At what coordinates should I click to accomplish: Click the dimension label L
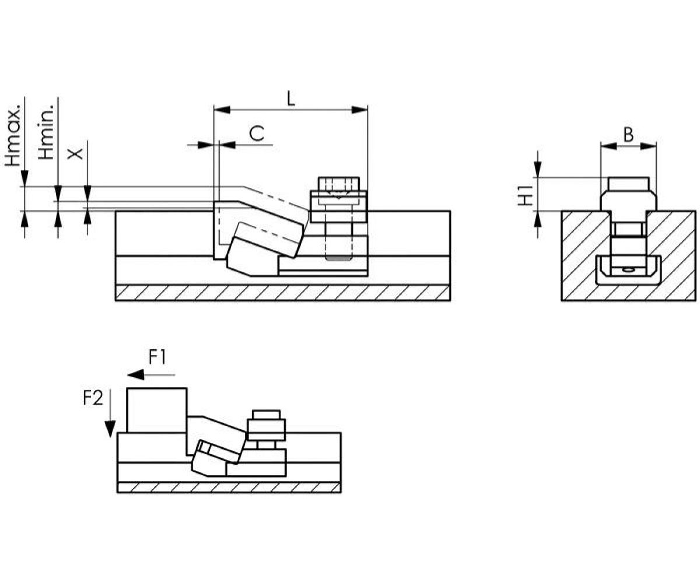click(291, 98)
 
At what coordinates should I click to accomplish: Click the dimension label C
click(257, 134)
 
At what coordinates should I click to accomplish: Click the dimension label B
click(628, 135)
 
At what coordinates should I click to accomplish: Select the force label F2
click(93, 399)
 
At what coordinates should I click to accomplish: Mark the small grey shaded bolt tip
click(339, 258)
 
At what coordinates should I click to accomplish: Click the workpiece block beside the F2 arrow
click(157, 410)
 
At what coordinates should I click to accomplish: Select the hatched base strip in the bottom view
click(229, 487)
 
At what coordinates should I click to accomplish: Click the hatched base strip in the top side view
click(283, 292)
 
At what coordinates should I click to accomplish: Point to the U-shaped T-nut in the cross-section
click(628, 271)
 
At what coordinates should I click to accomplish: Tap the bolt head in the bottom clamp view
click(267, 415)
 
